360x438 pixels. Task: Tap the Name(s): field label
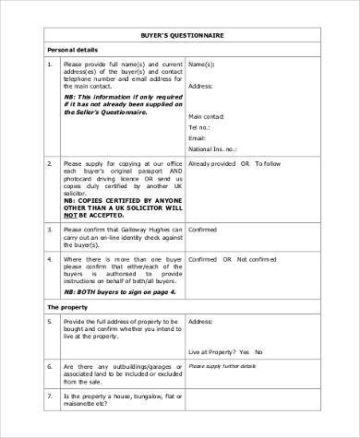(x=201, y=65)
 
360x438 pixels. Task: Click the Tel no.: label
(x=200, y=127)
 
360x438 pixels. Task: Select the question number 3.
(x=48, y=230)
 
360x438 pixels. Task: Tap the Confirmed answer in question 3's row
(x=203, y=230)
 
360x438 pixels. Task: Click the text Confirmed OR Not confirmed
(x=232, y=261)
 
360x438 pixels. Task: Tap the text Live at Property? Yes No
(x=232, y=352)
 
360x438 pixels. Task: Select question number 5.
(x=48, y=321)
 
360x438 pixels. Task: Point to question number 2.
(x=48, y=163)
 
